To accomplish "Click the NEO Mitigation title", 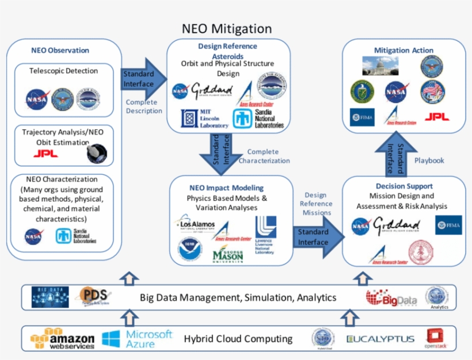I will tap(227, 28).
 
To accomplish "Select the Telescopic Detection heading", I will tap(64, 71).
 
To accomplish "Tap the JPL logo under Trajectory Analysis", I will tap(45, 154).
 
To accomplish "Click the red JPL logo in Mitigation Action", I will tap(437, 117).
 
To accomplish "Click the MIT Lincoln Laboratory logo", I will tap(197, 118).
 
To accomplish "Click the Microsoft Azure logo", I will tap(138, 339).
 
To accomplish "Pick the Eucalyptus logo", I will tap(380, 339).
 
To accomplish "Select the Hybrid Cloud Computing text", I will tap(238, 339).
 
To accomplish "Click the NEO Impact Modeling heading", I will tap(226, 188).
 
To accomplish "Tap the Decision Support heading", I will tap(404, 186).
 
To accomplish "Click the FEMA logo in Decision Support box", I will tap(448, 225).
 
